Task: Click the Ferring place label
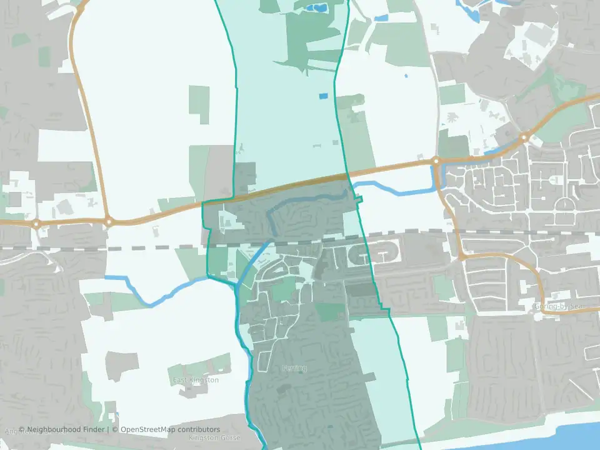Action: [x=294, y=368]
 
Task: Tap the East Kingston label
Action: [x=196, y=380]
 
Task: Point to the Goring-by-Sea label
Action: [x=558, y=306]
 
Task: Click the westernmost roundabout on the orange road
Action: [x=36, y=223]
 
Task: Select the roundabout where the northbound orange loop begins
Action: [x=109, y=221]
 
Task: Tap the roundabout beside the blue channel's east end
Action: [x=436, y=161]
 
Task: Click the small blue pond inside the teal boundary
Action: [x=322, y=96]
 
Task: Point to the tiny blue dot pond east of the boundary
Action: [x=406, y=76]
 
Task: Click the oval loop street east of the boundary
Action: [x=386, y=251]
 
